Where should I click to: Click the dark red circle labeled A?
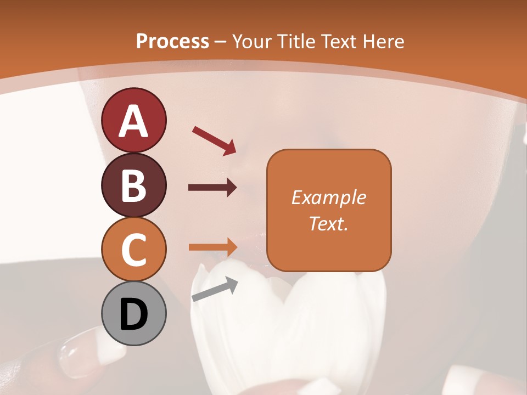pyautogui.click(x=133, y=120)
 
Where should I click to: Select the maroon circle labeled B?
pyautogui.click(x=133, y=185)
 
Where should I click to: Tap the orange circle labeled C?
pyautogui.click(x=133, y=250)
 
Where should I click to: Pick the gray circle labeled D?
pyautogui.click(x=133, y=314)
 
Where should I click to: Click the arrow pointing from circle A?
pyautogui.click(x=214, y=140)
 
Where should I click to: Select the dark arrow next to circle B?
pyautogui.click(x=212, y=188)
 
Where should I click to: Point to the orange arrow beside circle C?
pyautogui.click(x=212, y=247)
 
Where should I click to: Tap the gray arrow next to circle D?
pyautogui.click(x=215, y=289)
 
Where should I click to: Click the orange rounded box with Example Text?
pyautogui.click(x=329, y=210)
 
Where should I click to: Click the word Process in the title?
pyautogui.click(x=172, y=41)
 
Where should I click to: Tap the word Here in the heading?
pyautogui.click(x=384, y=41)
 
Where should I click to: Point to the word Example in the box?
pyautogui.click(x=329, y=198)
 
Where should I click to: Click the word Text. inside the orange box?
pyautogui.click(x=329, y=223)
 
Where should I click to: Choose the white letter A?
pyautogui.click(x=134, y=121)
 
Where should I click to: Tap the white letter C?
pyautogui.click(x=134, y=250)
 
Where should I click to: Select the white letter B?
pyautogui.click(x=134, y=185)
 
